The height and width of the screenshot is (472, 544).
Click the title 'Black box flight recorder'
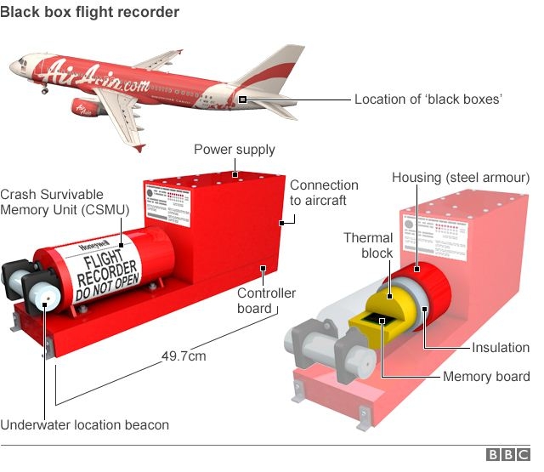click(x=91, y=12)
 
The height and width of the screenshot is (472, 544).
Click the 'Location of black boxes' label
click(x=428, y=100)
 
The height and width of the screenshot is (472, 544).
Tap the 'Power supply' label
click(x=235, y=150)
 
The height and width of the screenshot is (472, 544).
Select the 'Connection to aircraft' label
click(x=324, y=192)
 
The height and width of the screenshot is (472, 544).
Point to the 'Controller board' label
click(x=266, y=300)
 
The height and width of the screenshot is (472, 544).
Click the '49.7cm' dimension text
click(x=184, y=356)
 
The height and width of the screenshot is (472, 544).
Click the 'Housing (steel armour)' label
click(x=461, y=178)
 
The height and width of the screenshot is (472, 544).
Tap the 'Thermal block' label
click(x=368, y=246)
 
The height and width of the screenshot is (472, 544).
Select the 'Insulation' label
click(x=501, y=348)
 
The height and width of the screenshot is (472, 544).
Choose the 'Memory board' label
click(x=486, y=377)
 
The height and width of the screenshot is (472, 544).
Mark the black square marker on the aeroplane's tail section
click(x=243, y=100)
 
